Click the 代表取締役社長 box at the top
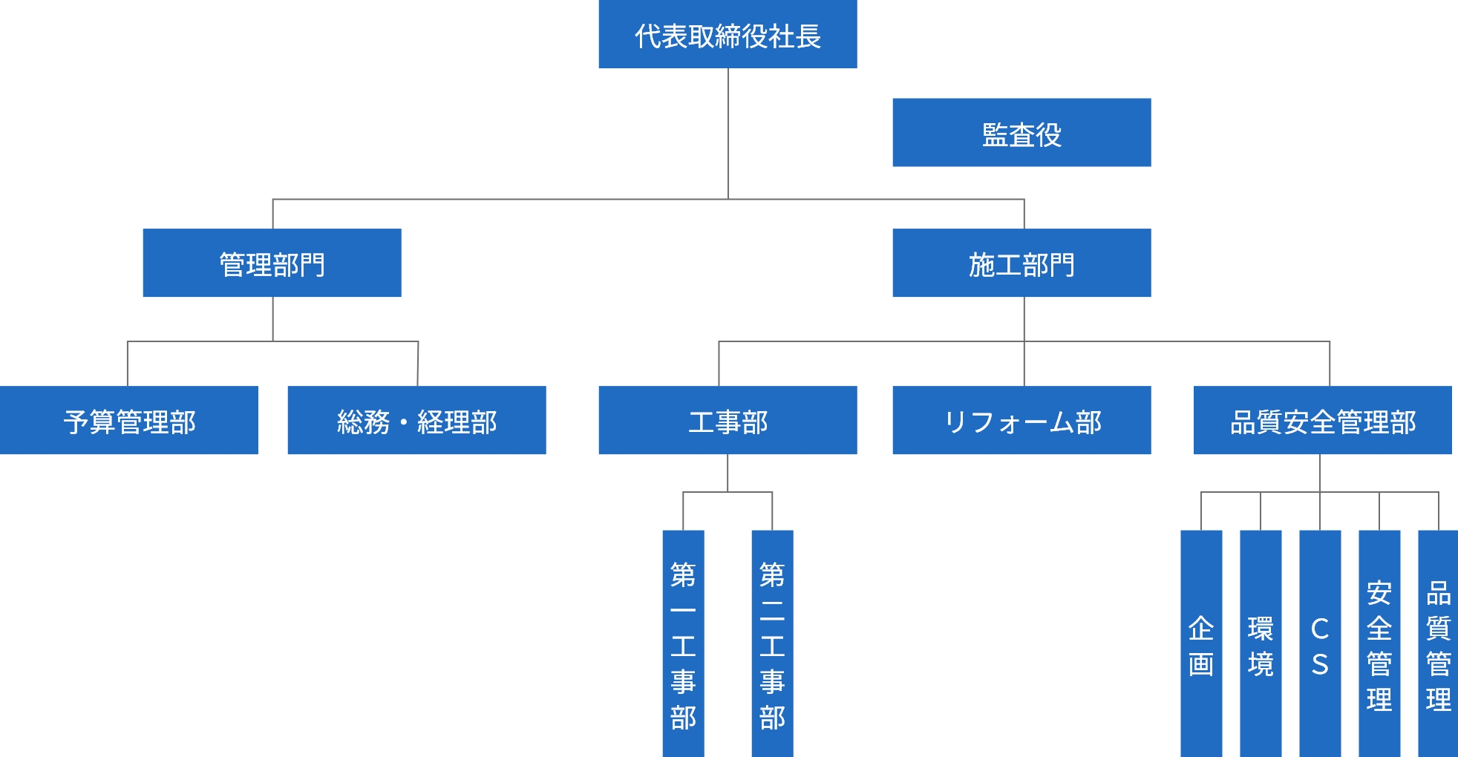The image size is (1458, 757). [x=728, y=34]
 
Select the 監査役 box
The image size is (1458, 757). [x=1021, y=133]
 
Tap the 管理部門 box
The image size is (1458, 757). [x=272, y=263]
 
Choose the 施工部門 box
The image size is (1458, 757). [x=1021, y=263]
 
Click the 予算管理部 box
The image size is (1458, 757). [x=128, y=420]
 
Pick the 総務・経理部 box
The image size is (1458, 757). [x=416, y=420]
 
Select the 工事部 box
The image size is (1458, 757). [x=728, y=420]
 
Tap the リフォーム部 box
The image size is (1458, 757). [x=1021, y=420]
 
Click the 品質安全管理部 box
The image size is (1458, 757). [x=1322, y=420]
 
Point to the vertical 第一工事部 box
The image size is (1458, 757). [x=683, y=643]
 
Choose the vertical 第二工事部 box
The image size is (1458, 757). [x=772, y=643]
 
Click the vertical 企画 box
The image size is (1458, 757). [x=1201, y=643]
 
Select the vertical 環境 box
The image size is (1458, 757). [x=1261, y=643]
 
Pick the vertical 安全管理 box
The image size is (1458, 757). [x=1379, y=643]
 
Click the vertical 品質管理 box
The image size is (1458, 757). [x=1438, y=643]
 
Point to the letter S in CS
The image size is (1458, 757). [x=1320, y=665]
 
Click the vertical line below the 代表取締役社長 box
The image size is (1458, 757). [x=728, y=134]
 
